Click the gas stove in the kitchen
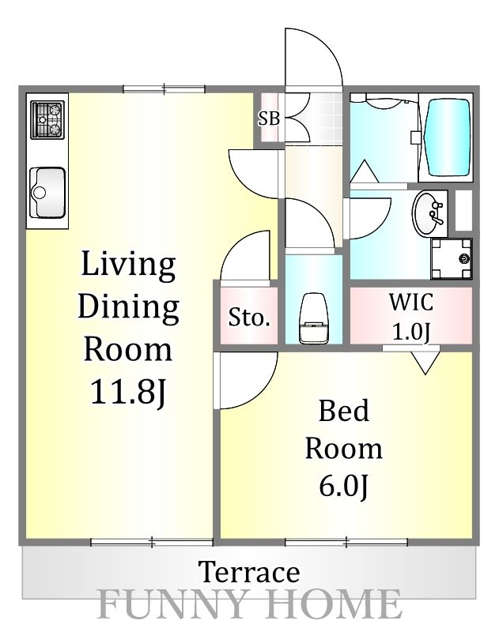(x=47, y=119)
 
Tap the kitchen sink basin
(x=47, y=192)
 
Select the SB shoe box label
(x=269, y=118)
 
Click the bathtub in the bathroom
(x=447, y=137)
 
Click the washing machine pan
(x=452, y=258)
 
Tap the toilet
(x=314, y=318)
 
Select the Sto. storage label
(x=249, y=318)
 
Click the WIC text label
(x=411, y=302)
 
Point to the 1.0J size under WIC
(x=411, y=332)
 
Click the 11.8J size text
(x=128, y=392)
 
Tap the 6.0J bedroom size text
(x=343, y=486)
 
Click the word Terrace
(x=249, y=572)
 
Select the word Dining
(x=128, y=307)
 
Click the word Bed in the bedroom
(x=343, y=411)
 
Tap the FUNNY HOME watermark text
(x=249, y=604)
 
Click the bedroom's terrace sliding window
(x=346, y=542)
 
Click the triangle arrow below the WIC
(x=425, y=363)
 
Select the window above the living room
(x=164, y=89)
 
